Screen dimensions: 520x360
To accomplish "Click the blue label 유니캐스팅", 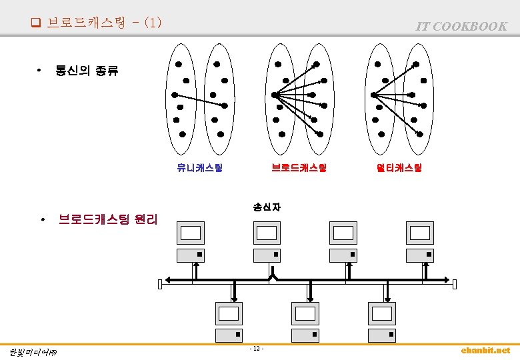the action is tap(199, 168).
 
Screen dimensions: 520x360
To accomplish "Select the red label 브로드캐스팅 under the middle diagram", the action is tap(299, 168).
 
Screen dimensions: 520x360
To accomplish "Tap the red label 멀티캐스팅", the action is tap(399, 168).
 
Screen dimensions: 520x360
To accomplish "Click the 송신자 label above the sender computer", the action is tap(267, 207).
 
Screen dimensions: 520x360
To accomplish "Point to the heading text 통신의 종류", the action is tap(87, 71).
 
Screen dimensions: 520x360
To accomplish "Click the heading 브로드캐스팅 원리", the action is tap(108, 219).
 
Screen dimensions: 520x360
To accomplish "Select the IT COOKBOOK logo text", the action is tap(461, 26).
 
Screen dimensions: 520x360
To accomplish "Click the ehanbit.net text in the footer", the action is tap(485, 351).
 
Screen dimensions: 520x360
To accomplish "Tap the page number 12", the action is tap(257, 349).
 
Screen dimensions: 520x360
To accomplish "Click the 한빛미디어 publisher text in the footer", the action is tap(33, 352).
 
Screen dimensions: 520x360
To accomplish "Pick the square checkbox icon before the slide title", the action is tap(35, 23).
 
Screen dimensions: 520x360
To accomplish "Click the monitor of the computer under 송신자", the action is tap(267, 233).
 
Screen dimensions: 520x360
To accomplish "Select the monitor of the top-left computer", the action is tap(191, 233).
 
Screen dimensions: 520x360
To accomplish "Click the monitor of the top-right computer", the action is tap(420, 233).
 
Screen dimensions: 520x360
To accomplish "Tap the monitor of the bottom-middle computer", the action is tap(305, 313).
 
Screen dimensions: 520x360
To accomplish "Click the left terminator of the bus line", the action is tap(160, 285).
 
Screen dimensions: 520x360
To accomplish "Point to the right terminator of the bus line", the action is tap(455, 285).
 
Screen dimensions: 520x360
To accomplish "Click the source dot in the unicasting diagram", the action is tap(175, 95).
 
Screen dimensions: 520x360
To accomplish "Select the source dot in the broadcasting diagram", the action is tap(274, 95).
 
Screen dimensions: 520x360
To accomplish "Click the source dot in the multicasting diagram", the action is tap(374, 95).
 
